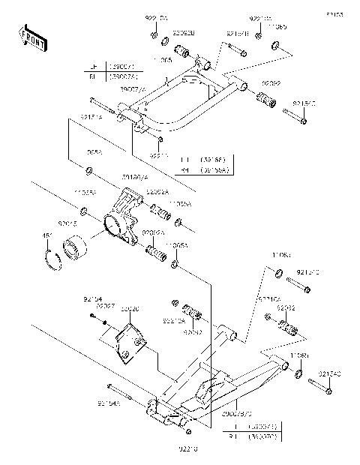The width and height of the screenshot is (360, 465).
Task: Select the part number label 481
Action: tap(46, 237)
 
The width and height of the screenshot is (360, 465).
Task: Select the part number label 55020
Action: tap(130, 307)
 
